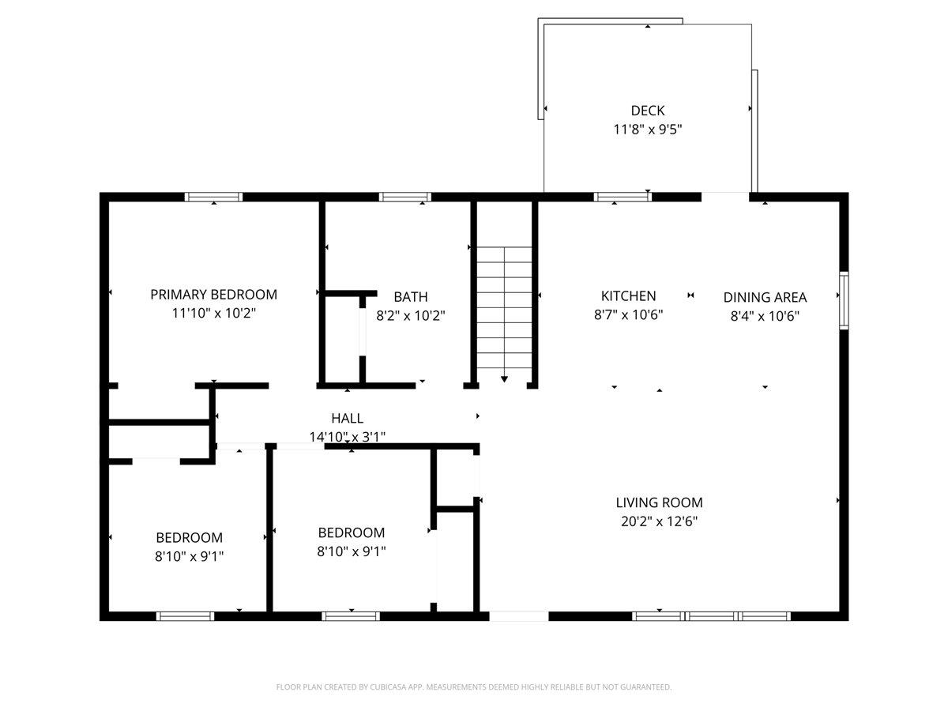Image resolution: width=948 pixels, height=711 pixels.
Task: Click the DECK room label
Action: (647, 111)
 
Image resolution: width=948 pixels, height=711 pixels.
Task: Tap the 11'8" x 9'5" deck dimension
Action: (647, 129)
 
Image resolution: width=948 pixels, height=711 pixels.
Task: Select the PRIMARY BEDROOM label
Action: (213, 295)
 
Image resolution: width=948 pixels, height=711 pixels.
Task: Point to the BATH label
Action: (410, 297)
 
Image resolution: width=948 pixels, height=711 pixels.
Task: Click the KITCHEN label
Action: (628, 296)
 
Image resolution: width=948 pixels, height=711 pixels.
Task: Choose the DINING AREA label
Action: (765, 298)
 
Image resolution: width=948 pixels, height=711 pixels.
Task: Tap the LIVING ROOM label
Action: (659, 502)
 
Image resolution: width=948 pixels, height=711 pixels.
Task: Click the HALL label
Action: (348, 418)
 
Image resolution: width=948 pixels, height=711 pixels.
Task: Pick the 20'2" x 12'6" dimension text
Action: (659, 521)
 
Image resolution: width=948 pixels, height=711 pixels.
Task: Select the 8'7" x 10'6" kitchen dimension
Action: (628, 314)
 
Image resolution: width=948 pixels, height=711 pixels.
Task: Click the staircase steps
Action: (504, 308)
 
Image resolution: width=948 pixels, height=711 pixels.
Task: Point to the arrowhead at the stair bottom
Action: (504, 379)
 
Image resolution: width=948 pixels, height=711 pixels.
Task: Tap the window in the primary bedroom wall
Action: (214, 197)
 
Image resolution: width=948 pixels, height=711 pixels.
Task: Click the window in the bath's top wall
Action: (405, 197)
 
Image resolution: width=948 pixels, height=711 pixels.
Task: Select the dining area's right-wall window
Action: (844, 300)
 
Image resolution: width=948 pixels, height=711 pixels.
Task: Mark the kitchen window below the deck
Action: (623, 197)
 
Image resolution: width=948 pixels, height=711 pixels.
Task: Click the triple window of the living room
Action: (711, 616)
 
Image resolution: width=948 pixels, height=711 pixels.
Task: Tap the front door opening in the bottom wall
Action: (519, 616)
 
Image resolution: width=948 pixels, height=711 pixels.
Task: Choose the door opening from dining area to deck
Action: (725, 197)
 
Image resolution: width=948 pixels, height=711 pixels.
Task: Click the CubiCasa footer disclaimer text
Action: (474, 687)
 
